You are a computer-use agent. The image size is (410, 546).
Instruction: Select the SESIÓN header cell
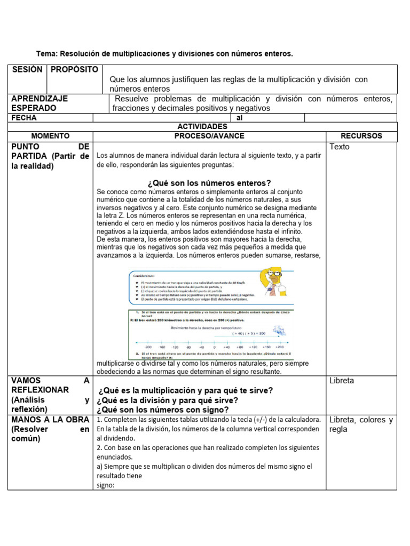[x=27, y=70]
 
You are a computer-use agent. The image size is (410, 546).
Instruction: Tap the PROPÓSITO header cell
[x=75, y=70]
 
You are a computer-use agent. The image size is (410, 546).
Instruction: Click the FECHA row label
[x=24, y=117]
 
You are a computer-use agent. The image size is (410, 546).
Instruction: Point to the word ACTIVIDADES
[x=202, y=126]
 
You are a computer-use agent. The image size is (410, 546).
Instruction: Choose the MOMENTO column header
[x=50, y=136]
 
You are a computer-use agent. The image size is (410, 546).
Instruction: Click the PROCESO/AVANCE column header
[x=209, y=136]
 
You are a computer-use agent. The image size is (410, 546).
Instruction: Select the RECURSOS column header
[x=361, y=136]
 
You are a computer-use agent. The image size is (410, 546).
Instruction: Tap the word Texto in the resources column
[x=340, y=147]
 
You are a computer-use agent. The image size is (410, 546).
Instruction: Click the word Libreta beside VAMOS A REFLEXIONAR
[x=342, y=381]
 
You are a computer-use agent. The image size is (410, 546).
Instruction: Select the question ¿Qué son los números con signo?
[x=163, y=409]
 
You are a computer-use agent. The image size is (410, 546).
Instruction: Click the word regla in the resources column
[x=338, y=429]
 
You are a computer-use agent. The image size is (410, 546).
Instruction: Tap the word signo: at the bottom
[x=106, y=485]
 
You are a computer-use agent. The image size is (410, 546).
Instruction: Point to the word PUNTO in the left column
[x=24, y=146]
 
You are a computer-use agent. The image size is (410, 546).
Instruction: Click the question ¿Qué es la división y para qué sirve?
[x=168, y=400]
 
